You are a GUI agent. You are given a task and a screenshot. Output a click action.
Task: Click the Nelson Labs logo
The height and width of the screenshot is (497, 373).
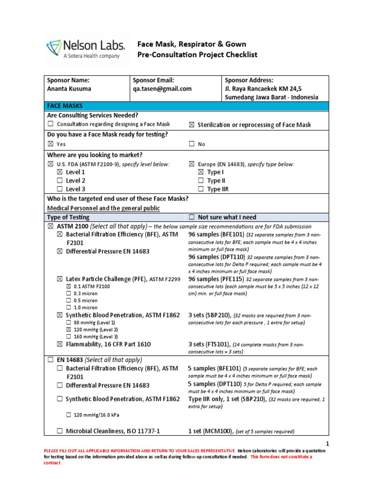[86, 49]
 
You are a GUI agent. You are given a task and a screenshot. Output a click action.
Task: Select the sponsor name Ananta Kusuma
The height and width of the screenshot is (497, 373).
[68, 89]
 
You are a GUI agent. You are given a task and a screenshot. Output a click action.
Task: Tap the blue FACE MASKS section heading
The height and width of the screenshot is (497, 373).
[65, 105]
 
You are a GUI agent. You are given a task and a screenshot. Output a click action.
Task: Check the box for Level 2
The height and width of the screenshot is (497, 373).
[60, 181]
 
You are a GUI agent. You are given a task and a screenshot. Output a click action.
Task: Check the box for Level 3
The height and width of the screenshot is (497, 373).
[60, 189]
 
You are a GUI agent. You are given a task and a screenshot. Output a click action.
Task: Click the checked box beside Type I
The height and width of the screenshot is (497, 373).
[201, 172]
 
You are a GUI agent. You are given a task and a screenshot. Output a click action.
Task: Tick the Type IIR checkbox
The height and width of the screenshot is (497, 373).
[201, 189]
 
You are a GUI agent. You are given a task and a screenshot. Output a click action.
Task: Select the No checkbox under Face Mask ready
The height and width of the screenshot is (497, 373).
[191, 144]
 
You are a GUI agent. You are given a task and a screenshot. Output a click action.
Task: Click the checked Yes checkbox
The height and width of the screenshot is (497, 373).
[50, 144]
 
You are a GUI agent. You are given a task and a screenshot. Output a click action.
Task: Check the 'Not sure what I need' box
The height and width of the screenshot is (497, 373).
[191, 217]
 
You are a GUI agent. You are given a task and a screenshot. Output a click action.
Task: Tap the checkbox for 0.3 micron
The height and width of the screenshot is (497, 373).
[68, 294]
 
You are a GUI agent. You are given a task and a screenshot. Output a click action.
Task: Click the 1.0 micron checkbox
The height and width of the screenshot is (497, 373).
[68, 307]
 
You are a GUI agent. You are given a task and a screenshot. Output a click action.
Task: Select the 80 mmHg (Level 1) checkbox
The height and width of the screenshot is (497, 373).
[68, 322]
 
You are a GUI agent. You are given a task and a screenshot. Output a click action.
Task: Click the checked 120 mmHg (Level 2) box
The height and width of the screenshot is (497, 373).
[68, 330]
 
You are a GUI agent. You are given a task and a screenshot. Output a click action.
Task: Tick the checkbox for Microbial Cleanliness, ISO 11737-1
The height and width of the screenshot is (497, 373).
[59, 431]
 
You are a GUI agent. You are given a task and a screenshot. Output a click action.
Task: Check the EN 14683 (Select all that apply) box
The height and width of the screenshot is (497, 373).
[50, 360]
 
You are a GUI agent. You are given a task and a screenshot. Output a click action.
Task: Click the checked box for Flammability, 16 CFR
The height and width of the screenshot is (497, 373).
[59, 344]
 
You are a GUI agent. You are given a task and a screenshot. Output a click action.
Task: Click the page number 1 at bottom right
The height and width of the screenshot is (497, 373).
[327, 444]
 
